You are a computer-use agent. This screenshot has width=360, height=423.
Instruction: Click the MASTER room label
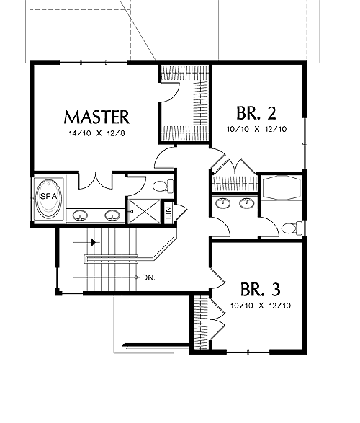click(96, 117)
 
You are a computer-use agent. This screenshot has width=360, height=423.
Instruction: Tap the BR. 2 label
click(256, 113)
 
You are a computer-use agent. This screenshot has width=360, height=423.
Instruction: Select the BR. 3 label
click(261, 289)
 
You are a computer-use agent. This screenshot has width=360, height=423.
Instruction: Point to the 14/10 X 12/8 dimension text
click(97, 133)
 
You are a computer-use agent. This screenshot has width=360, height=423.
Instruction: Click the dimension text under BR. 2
click(256, 129)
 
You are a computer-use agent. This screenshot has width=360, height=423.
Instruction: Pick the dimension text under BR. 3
click(261, 306)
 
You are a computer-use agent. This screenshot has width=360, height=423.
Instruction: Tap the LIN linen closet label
click(168, 213)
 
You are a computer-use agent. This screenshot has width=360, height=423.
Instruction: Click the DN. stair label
click(148, 277)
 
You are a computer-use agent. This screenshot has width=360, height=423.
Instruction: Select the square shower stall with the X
click(145, 212)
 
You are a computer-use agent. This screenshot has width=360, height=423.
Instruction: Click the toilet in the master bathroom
click(163, 186)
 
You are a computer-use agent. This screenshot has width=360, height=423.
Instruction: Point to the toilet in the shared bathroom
click(292, 228)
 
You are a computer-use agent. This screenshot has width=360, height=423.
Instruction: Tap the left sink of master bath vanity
click(80, 215)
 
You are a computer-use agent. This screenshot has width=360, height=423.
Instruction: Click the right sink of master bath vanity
click(112, 215)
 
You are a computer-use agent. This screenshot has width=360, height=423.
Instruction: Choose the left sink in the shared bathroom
click(222, 203)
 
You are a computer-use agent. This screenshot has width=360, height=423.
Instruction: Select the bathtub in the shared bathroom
click(282, 188)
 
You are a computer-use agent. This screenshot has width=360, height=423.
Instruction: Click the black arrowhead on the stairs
click(94, 242)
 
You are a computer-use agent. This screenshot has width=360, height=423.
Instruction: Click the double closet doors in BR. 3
click(217, 319)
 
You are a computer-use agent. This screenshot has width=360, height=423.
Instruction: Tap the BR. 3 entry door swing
click(217, 278)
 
